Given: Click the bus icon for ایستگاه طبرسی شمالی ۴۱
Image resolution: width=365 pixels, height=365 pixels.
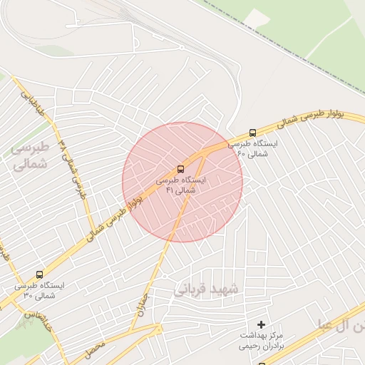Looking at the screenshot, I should click(180, 170).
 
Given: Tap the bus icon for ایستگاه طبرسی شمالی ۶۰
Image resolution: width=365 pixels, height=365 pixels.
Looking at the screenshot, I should click(253, 133).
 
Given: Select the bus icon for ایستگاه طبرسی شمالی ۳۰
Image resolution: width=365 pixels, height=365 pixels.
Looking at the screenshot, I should click(39, 274).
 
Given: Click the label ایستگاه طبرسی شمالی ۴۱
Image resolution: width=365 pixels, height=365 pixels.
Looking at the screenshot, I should click(181, 185).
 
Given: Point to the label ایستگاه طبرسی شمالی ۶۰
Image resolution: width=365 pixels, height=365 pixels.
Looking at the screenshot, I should click(253, 148).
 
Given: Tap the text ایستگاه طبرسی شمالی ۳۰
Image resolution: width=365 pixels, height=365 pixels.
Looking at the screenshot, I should click(40, 290).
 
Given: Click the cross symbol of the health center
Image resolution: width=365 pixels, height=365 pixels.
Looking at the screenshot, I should click(262, 325).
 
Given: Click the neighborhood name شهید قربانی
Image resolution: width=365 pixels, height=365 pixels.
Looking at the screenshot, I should click(208, 287).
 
